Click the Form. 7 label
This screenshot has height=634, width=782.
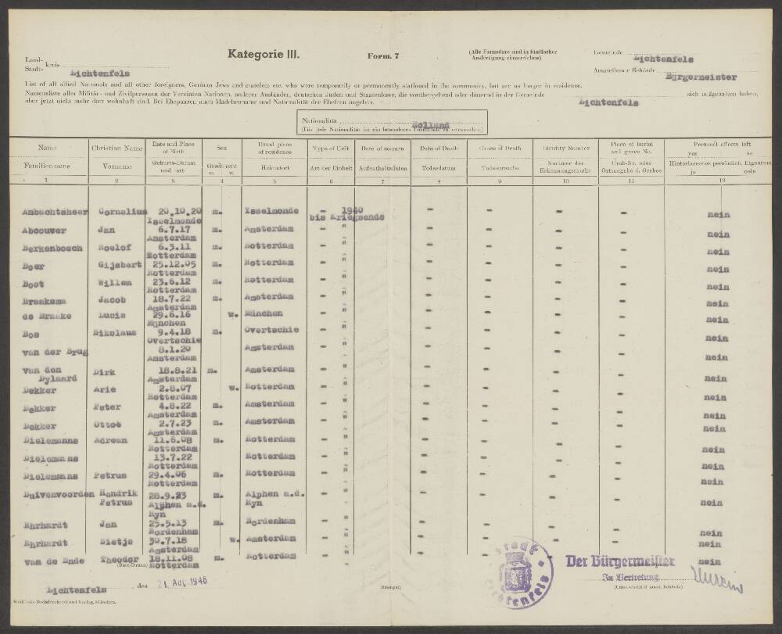point(382,56)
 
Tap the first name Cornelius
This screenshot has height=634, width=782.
point(119,211)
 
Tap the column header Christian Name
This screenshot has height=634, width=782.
point(117,148)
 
